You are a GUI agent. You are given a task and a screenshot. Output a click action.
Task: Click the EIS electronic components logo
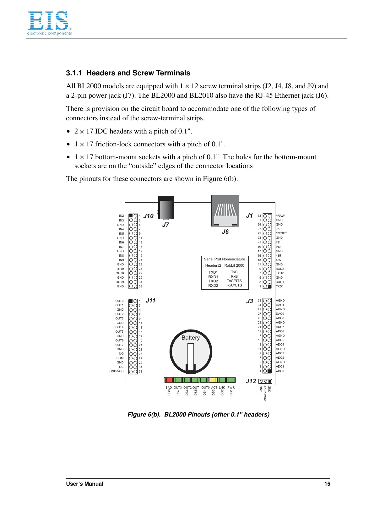pos(49,23)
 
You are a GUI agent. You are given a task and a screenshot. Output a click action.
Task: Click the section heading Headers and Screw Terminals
pos(128,73)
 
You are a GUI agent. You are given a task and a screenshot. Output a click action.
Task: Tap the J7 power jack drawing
pos(166,208)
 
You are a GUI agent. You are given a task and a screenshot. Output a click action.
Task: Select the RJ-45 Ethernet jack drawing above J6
pos(225,210)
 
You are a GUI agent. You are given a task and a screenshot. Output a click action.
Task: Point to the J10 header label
pos(148,216)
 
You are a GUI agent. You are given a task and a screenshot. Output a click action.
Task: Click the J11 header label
pos(150,300)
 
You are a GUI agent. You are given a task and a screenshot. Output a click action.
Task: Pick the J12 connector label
pos(251,381)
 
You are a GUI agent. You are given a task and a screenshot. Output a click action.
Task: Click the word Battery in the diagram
pos(191,338)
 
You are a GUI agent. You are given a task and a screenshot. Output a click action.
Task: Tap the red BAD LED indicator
pos(169,380)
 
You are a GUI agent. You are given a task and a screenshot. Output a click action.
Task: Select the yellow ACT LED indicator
pos(213,380)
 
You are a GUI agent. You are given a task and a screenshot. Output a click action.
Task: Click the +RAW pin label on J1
pos(280,216)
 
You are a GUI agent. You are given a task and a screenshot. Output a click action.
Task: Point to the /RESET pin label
pos(281,233)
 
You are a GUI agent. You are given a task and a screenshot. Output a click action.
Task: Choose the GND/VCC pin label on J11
pos(117,371)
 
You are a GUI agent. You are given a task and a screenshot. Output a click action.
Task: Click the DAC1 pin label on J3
pos(280,305)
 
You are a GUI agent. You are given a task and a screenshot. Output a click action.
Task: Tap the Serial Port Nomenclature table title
pos(224,259)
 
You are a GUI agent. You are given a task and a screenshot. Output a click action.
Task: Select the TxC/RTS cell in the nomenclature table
pos(234,281)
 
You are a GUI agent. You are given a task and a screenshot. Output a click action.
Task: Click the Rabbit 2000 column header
pos(234,265)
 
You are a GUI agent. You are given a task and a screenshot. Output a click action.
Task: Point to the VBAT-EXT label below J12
pos(265,393)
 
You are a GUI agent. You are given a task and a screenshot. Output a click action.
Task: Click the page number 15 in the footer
pos(327,484)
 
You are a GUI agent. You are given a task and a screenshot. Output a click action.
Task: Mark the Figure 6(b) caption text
pos(198,414)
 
